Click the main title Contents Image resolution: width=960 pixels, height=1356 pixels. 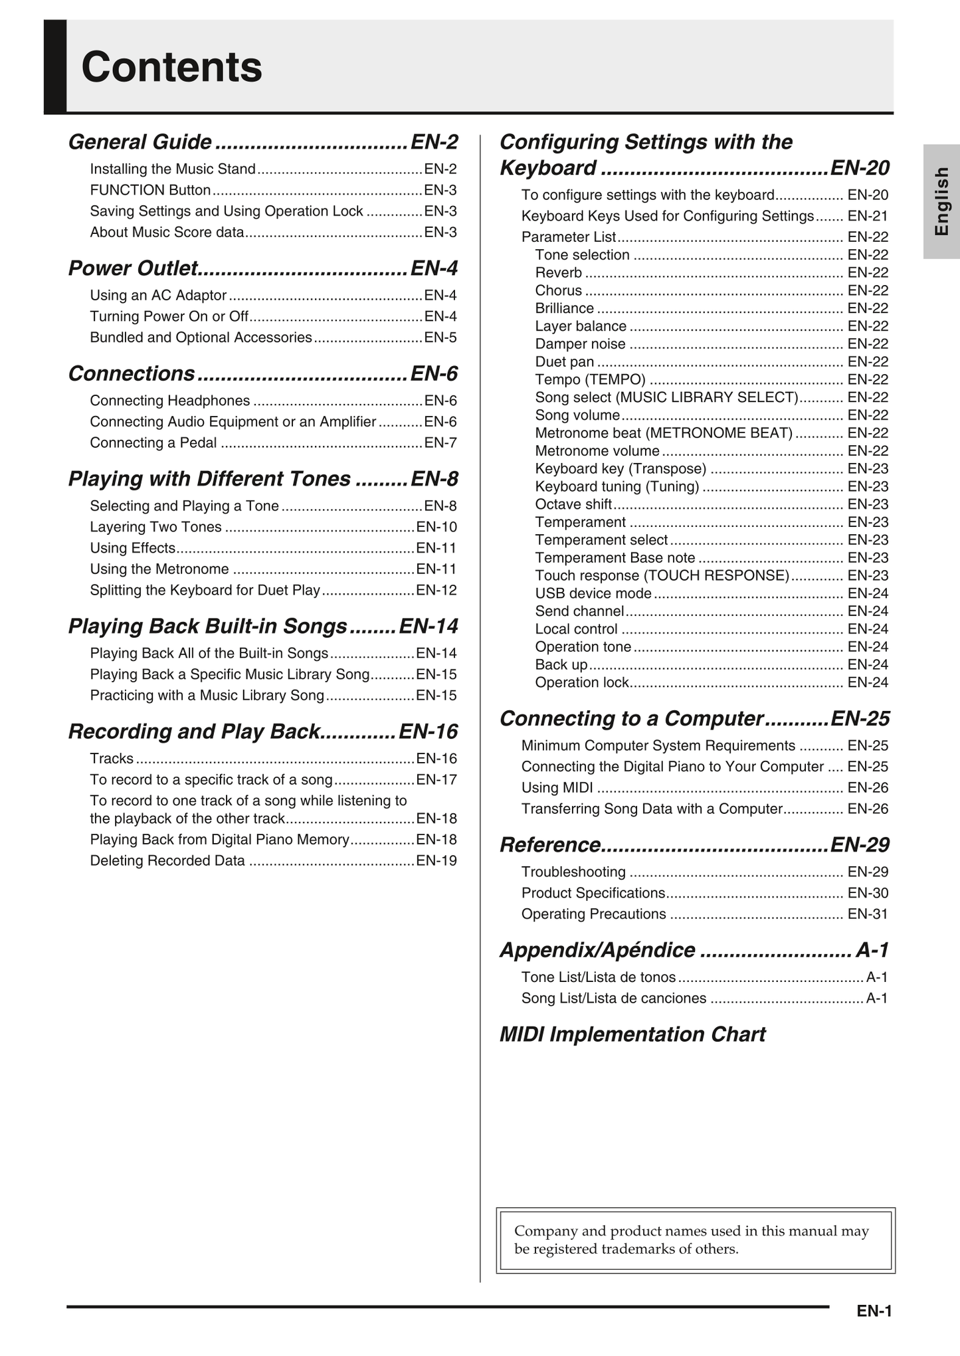[x=171, y=67]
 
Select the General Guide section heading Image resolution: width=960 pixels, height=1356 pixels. [x=140, y=142]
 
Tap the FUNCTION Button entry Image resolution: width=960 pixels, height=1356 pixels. [x=150, y=190]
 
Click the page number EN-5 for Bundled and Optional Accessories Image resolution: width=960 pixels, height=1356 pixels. [x=440, y=338]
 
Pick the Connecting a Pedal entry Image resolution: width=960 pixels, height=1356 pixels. [x=153, y=442]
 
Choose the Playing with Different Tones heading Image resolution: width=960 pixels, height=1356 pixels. [x=209, y=479]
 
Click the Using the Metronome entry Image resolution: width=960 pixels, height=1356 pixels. [x=159, y=569]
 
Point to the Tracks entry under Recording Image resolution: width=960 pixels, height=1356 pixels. [x=112, y=759]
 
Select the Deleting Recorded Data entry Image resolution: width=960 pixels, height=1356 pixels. [x=167, y=860]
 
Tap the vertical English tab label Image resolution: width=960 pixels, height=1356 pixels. [x=941, y=201]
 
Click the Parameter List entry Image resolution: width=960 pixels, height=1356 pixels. [x=569, y=237]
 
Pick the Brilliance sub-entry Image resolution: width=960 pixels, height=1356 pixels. [x=565, y=308]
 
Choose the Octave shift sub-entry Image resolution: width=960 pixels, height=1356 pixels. [x=573, y=504]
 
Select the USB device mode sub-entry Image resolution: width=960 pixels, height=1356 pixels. [x=593, y=593]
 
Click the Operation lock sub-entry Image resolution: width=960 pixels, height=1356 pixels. [x=582, y=682]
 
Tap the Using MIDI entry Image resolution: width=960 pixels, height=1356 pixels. [x=557, y=788]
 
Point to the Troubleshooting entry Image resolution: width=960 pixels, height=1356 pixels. [x=573, y=872]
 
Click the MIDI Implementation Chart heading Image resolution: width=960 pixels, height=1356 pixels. [x=632, y=1034]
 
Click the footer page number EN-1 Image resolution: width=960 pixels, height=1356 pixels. [x=874, y=1311]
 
